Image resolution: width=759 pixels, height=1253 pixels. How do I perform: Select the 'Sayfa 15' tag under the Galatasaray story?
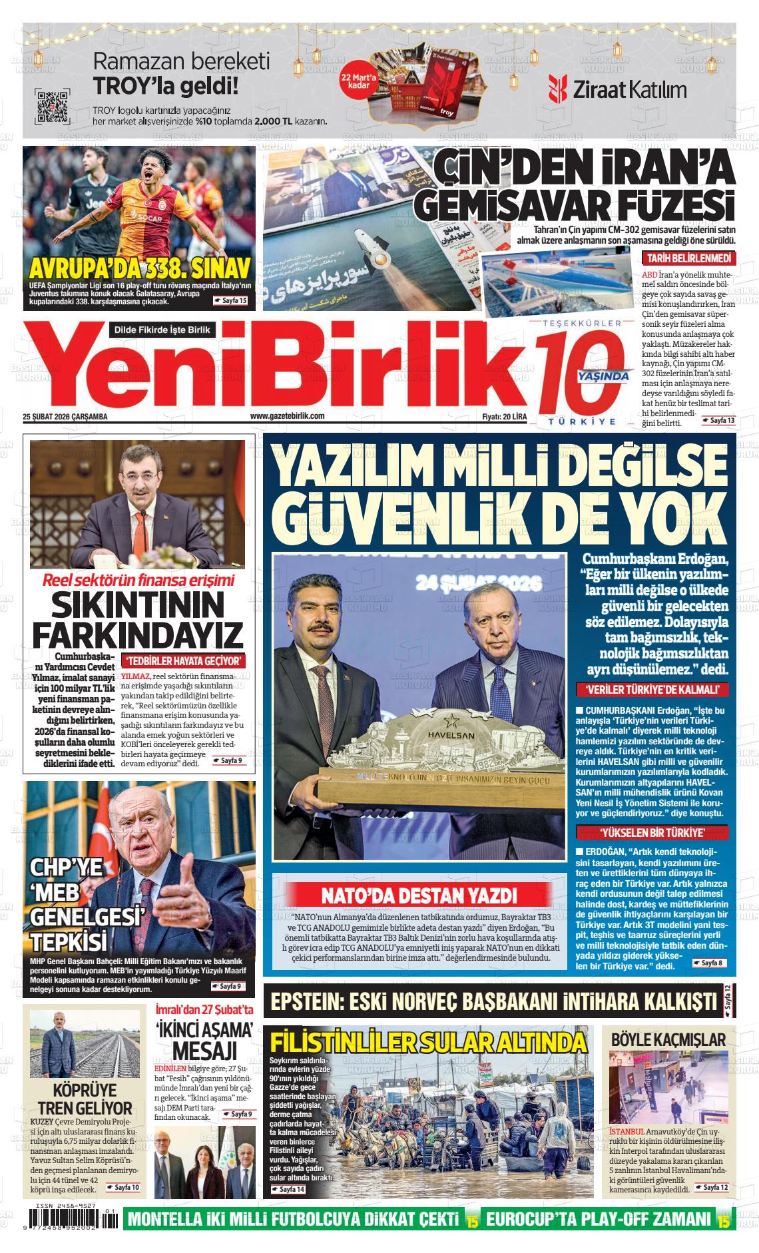coord(231,301)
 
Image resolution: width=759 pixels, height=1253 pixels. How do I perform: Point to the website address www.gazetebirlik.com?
coord(287,416)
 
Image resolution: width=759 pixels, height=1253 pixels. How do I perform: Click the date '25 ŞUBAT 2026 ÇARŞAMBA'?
coord(65,417)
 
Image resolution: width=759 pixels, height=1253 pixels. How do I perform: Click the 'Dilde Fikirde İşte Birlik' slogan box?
coord(162,330)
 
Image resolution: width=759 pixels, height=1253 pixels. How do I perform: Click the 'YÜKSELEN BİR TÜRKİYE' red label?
coord(652,832)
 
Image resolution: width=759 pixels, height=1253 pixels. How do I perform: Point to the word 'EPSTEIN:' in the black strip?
coord(316,1001)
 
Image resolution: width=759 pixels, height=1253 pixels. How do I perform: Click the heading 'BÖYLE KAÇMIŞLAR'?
coord(668,1039)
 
